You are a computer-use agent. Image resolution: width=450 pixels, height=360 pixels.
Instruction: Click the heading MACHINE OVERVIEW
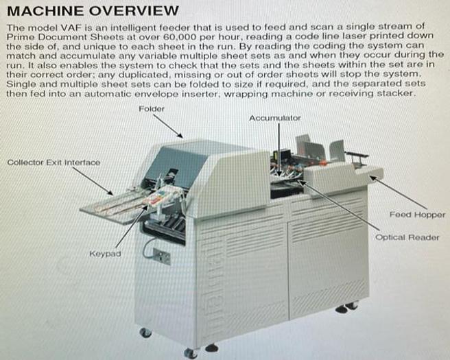click(93, 11)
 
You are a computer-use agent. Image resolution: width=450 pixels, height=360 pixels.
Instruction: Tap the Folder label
click(151, 108)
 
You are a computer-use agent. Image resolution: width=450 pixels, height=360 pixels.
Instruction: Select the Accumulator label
click(274, 118)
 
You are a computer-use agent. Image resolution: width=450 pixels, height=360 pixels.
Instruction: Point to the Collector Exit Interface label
click(54, 163)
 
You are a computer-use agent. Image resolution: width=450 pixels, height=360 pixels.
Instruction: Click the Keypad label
click(104, 254)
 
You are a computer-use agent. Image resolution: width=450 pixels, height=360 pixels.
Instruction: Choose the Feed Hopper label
click(416, 215)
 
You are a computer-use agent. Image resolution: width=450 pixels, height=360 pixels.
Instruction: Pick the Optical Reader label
click(407, 238)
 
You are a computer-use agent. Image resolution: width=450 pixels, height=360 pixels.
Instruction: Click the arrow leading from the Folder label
click(167, 126)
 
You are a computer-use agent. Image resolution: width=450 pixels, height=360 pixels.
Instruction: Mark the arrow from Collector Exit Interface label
click(93, 181)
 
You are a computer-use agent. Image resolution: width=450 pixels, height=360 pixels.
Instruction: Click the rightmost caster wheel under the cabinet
click(352, 307)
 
